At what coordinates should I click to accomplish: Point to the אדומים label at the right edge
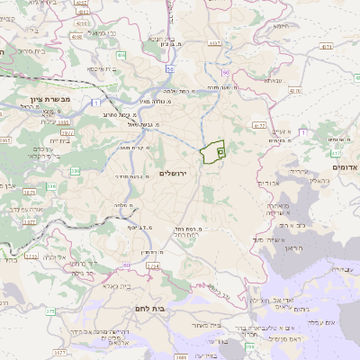coord(346,167)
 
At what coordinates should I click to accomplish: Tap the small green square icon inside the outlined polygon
coord(220,155)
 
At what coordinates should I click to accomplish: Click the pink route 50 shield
coord(169,67)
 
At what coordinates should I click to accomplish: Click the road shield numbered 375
coord(50,311)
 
